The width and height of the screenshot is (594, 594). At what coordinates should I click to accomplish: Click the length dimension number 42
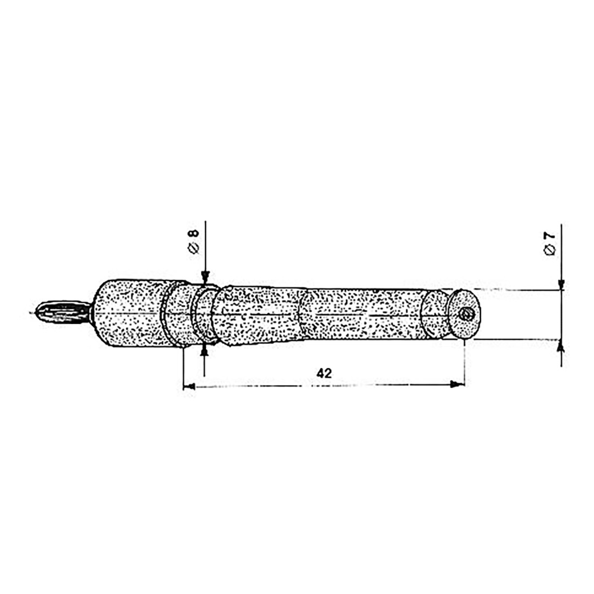[x=324, y=373]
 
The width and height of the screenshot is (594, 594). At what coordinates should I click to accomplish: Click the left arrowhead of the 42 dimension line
[x=189, y=386]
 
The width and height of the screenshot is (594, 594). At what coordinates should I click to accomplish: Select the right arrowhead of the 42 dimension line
[x=458, y=384]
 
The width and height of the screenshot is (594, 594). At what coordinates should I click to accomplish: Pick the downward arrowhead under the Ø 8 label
[x=205, y=278]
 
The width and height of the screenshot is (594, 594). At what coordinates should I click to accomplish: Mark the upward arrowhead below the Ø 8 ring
[x=205, y=352]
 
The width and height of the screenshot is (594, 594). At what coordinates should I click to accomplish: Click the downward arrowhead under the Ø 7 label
[x=562, y=284]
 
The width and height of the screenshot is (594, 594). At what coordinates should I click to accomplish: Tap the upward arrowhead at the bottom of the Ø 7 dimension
[x=562, y=346]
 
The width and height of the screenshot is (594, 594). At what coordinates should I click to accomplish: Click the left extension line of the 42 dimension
[x=184, y=367]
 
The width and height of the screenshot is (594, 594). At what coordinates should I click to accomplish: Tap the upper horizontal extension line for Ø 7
[x=518, y=290]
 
